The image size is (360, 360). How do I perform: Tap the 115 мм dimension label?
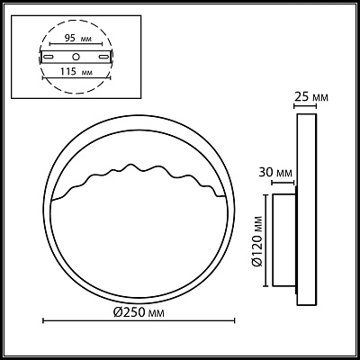(76, 72)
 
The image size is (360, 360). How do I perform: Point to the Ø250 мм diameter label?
(139, 313)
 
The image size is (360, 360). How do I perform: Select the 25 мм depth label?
(311, 97)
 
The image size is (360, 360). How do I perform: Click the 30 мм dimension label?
(275, 173)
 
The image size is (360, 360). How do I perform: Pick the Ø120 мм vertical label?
(257, 241)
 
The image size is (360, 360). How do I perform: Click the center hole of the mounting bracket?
(76, 57)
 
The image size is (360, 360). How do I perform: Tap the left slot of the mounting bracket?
(49, 57)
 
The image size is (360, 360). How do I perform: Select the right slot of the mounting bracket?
(103, 57)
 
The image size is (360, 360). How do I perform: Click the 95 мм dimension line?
(76, 44)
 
